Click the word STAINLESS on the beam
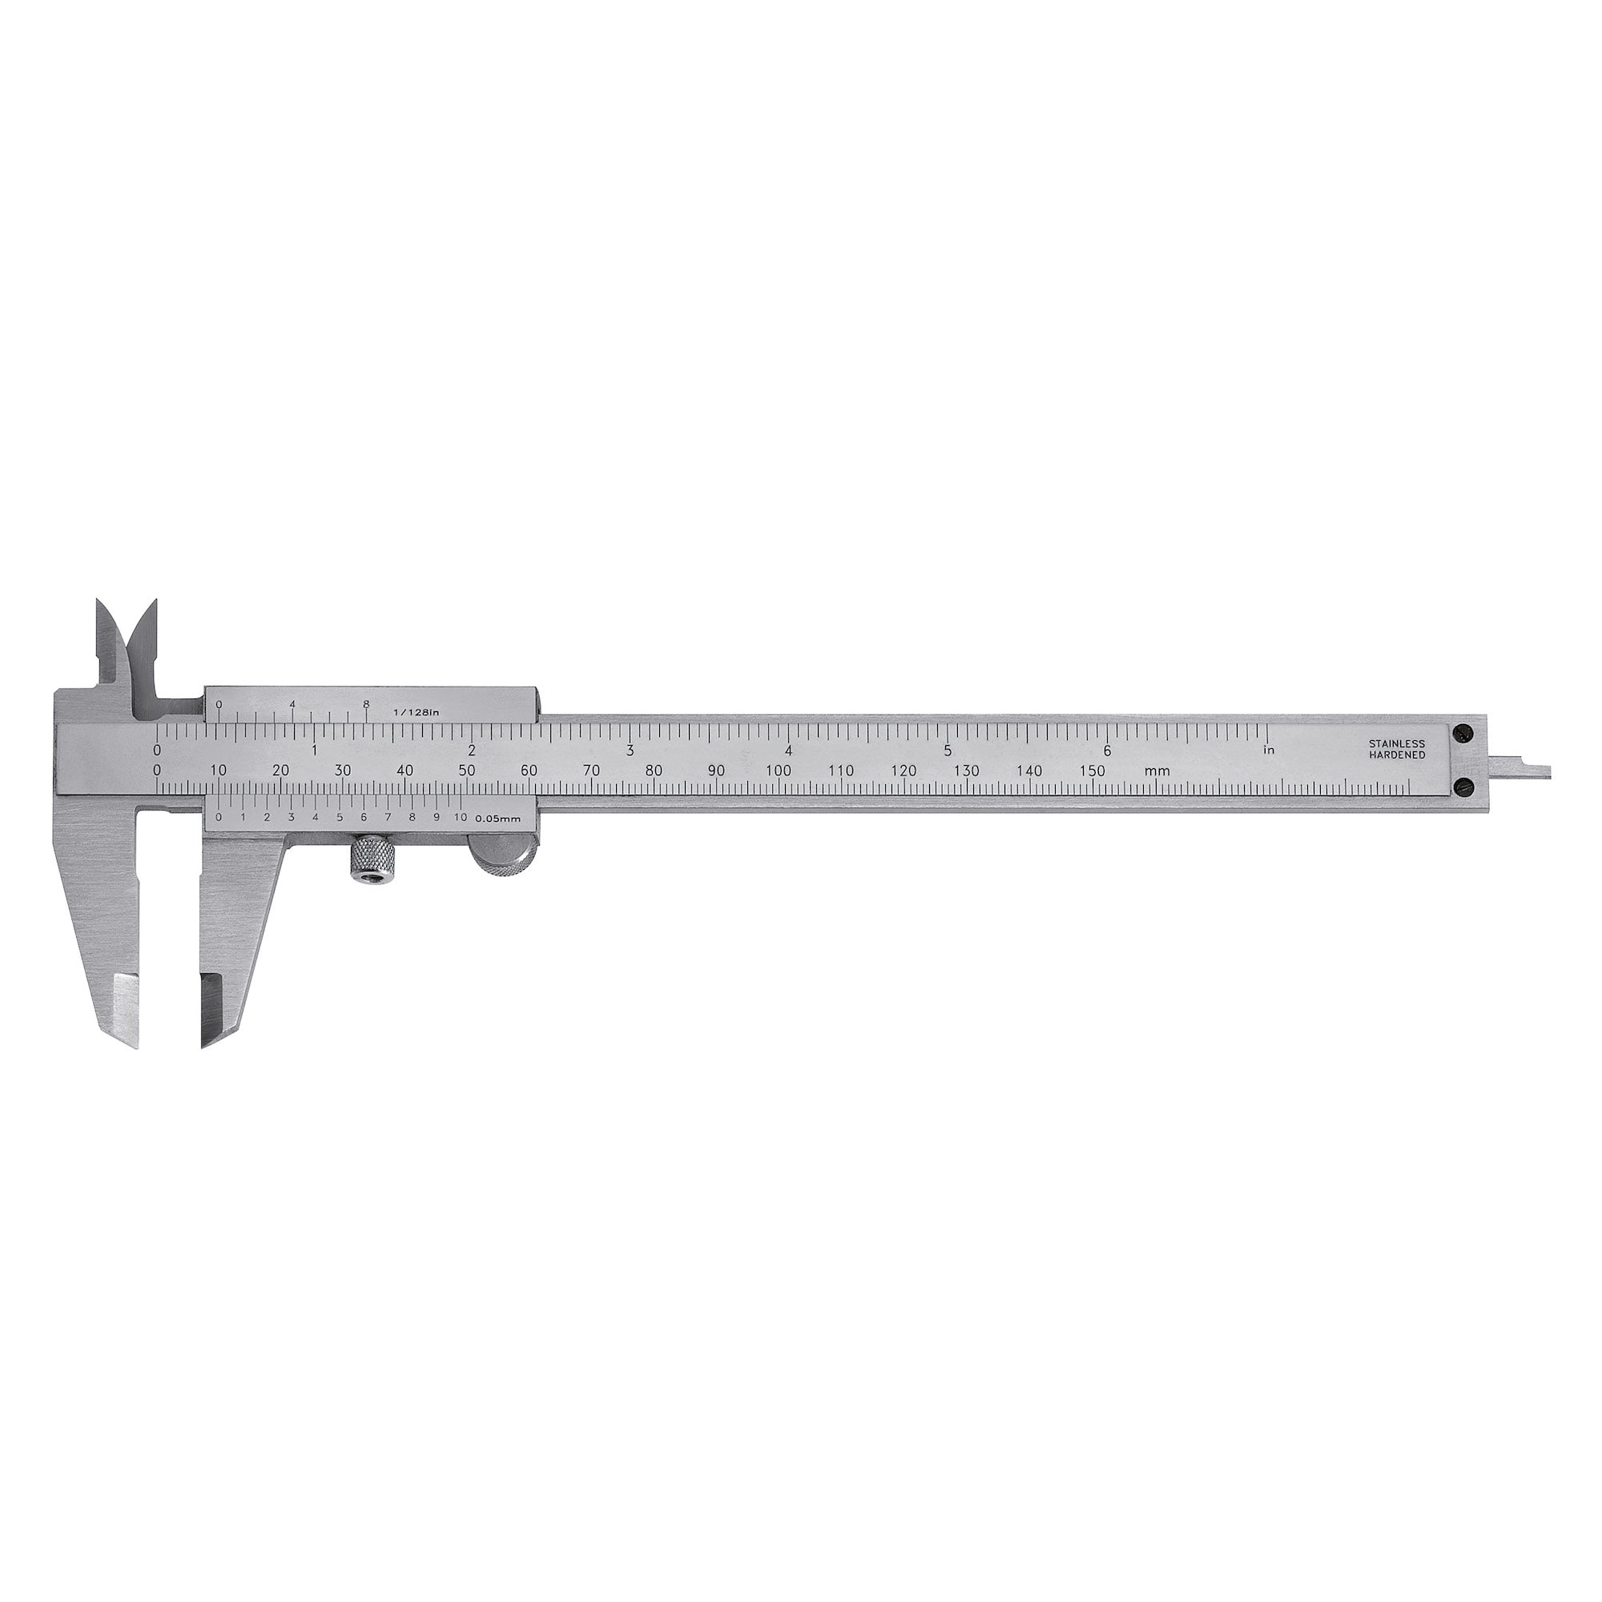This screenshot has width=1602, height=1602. point(1397,744)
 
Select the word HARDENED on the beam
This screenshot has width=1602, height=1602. point(1397,755)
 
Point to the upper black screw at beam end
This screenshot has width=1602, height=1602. point(1463,732)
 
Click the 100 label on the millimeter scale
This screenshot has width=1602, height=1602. point(779,771)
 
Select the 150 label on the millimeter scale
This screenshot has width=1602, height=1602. point(1093,771)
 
